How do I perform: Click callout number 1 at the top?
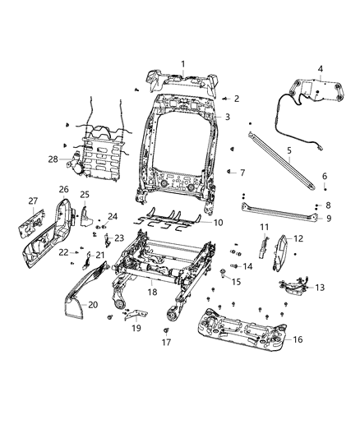click(x=182, y=63)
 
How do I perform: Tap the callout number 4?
click(x=321, y=69)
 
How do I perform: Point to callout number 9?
click(x=327, y=219)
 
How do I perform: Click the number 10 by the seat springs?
click(x=218, y=223)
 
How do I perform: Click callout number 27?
click(x=34, y=201)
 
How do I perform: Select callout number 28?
click(x=53, y=159)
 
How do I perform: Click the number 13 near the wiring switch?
click(x=319, y=288)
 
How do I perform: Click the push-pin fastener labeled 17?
click(x=143, y=330)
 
